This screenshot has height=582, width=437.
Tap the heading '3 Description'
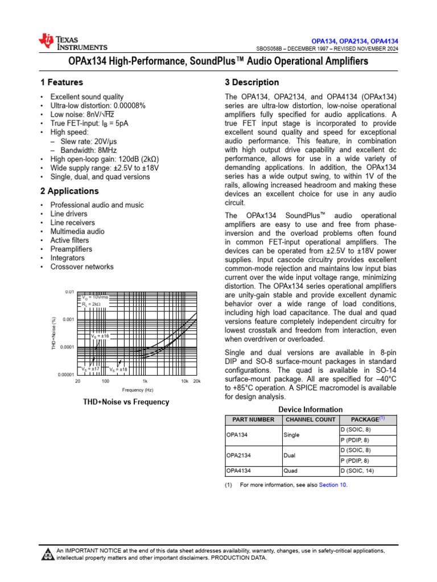click(x=252, y=82)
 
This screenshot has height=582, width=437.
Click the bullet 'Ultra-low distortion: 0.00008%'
click(x=98, y=106)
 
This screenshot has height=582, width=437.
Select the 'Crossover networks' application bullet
click(x=81, y=267)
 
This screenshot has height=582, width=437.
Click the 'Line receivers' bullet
click(x=72, y=223)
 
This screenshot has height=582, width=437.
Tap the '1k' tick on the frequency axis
click(x=145, y=381)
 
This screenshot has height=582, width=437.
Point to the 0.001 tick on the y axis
click(x=68, y=319)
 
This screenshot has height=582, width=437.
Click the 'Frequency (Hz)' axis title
click(x=138, y=390)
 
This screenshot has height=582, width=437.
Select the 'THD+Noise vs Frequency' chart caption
click(x=126, y=402)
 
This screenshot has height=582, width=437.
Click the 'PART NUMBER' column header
click(x=250, y=420)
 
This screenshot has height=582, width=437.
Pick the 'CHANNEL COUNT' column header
click(x=310, y=420)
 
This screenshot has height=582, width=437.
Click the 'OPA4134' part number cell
click(x=239, y=471)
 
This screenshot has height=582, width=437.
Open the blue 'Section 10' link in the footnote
click(x=332, y=485)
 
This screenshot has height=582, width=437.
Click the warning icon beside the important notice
click(x=47, y=554)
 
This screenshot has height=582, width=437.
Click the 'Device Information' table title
click(x=310, y=409)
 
